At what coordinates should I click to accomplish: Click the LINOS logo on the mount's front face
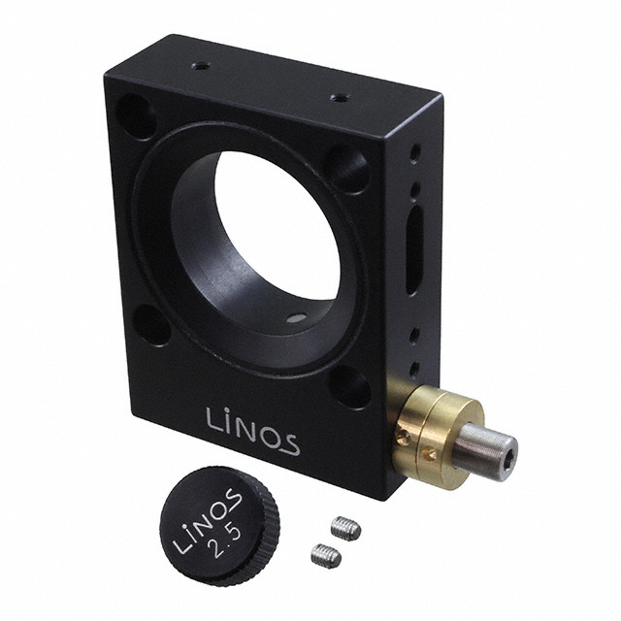(x=252, y=432)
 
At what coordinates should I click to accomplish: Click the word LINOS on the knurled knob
(x=207, y=521)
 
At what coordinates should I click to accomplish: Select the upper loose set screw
(x=345, y=528)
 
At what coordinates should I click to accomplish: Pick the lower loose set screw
(x=326, y=555)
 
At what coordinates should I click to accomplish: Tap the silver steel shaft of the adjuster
(x=485, y=451)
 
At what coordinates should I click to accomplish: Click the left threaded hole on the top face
(x=201, y=67)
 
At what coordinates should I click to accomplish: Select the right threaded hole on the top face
(x=340, y=97)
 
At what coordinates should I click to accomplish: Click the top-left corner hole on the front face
(x=137, y=116)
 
